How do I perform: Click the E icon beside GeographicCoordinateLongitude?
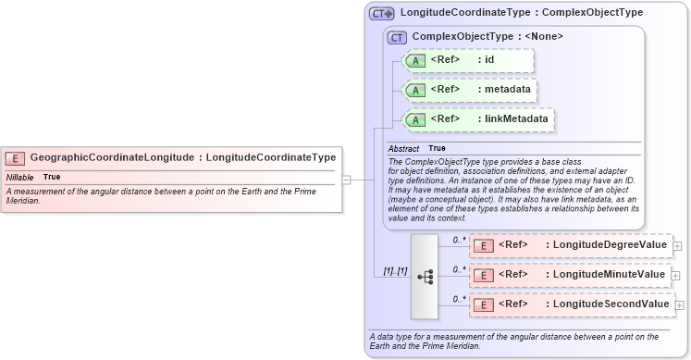[15, 158]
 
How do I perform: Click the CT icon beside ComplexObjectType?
[398, 37]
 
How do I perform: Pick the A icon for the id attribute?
[416, 60]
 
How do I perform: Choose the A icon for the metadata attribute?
[416, 90]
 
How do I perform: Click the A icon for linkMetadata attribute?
[416, 119]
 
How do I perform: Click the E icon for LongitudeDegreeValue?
[484, 245]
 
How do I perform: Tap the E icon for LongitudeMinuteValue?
[484, 275]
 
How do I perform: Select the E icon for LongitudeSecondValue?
[484, 304]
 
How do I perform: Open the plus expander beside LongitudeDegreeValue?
[677, 245]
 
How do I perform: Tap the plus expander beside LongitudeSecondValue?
[680, 304]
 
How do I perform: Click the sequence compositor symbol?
[426, 276]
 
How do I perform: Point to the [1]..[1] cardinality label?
[395, 271]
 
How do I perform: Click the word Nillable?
[20, 177]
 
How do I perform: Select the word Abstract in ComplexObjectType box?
[403, 149]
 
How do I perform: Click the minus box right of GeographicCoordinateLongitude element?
[346, 180]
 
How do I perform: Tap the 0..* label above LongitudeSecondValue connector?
[458, 297]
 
